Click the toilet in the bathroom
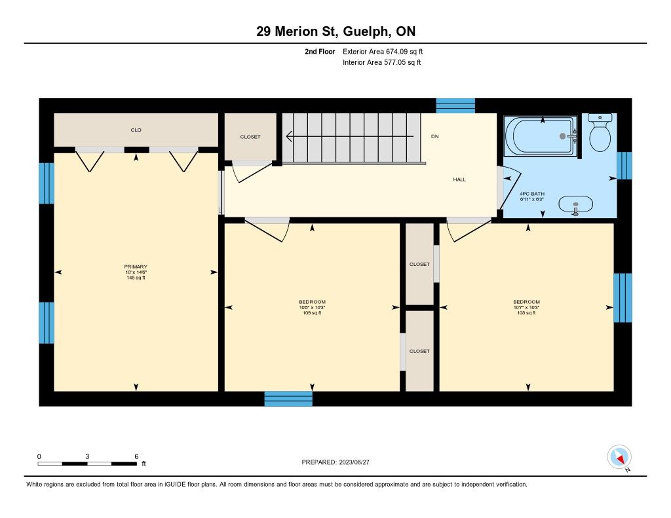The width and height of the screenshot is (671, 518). [600, 132]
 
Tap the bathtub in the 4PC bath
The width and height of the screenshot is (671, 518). [541, 136]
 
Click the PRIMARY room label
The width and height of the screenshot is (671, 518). [136, 267]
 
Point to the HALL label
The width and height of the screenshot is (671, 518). [459, 179]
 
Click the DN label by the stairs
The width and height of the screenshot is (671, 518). [435, 136]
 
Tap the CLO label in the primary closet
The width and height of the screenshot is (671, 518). [136, 130]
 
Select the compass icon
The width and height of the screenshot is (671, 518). [619, 457]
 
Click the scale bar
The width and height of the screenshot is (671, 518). [87, 464]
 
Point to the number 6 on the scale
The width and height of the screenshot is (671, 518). [136, 456]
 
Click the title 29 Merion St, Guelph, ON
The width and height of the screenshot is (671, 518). [336, 31]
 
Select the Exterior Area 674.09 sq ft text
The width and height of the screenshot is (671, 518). [383, 51]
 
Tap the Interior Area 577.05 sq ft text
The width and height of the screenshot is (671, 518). [382, 62]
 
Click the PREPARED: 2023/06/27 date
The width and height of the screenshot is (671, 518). [335, 462]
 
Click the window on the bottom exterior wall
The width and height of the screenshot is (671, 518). [288, 399]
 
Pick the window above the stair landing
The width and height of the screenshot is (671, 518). [455, 105]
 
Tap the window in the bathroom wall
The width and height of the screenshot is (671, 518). [624, 166]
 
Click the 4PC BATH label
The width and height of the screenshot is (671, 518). [532, 194]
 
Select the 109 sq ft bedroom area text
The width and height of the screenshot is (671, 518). [312, 313]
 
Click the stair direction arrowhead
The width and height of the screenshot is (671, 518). [289, 136]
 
